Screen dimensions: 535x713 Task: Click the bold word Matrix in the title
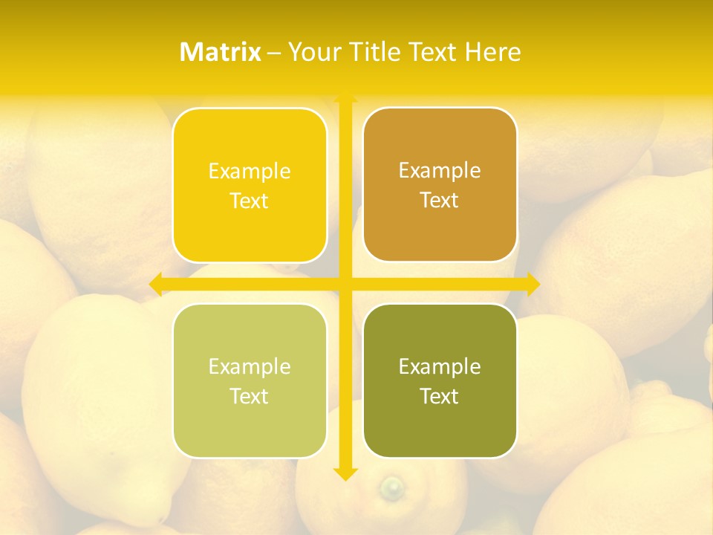[x=221, y=52]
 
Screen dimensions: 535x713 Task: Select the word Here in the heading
[x=493, y=52]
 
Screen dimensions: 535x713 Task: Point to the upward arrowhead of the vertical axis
[x=345, y=97]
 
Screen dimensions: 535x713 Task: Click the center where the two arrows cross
[x=345, y=283]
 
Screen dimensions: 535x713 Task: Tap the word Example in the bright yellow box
[x=250, y=172]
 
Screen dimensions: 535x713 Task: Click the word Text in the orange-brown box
[x=440, y=201]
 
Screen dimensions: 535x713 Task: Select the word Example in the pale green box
[x=250, y=367]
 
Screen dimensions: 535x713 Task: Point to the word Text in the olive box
[x=440, y=397]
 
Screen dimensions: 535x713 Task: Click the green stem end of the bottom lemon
[x=391, y=488]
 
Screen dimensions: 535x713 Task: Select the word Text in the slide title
[x=434, y=52]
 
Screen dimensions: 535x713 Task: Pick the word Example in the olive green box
[x=440, y=367]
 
